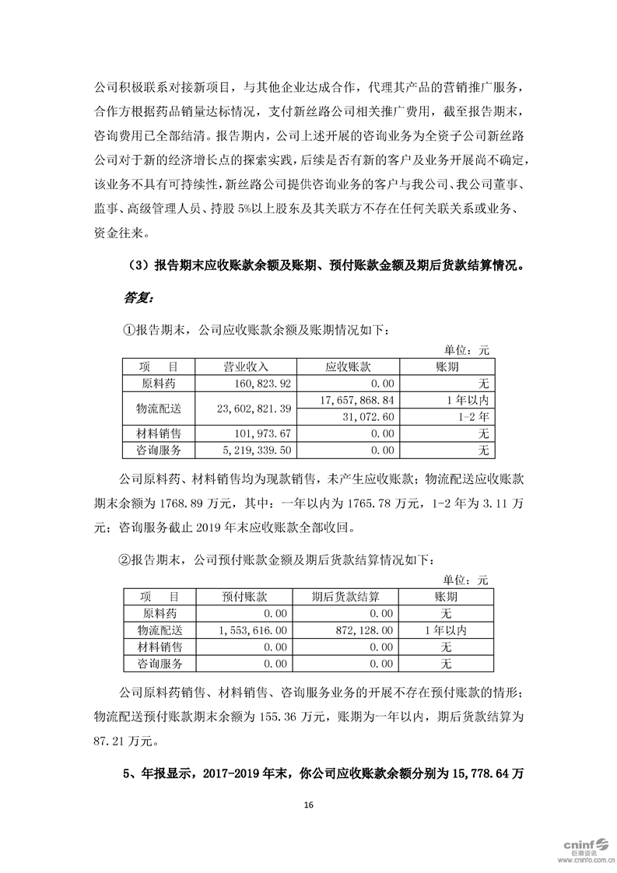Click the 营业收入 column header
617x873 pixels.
(246, 366)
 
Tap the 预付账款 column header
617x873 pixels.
(245, 596)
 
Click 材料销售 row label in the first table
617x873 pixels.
(159, 433)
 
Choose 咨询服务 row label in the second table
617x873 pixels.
(159, 664)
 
